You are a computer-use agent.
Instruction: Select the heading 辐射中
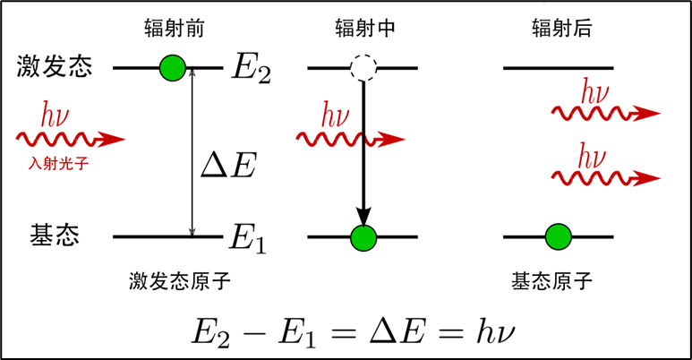click(x=363, y=29)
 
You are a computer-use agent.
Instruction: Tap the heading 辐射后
click(x=560, y=29)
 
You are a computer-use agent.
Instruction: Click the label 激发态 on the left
click(x=55, y=66)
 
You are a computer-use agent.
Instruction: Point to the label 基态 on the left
click(x=55, y=236)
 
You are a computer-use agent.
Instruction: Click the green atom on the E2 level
click(x=171, y=67)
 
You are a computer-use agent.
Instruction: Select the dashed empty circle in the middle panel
click(x=363, y=67)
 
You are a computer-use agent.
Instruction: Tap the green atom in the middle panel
click(x=363, y=237)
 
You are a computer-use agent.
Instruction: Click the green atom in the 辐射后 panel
click(x=559, y=237)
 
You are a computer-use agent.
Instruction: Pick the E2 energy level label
click(x=250, y=68)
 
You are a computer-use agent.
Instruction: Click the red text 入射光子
click(x=58, y=164)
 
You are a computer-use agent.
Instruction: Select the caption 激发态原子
click(x=180, y=281)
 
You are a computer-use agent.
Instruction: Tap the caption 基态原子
click(x=552, y=281)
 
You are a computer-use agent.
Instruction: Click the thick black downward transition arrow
click(x=363, y=152)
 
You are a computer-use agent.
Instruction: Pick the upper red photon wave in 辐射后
click(x=603, y=113)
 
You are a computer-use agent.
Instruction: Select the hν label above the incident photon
click(x=56, y=116)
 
